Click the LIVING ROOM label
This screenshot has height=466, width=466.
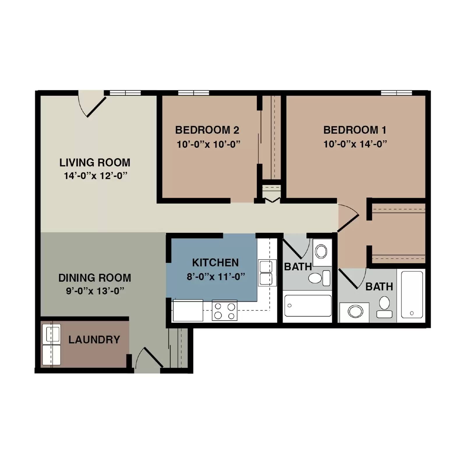(x=95, y=163)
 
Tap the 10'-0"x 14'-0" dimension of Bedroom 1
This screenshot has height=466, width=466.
(x=355, y=144)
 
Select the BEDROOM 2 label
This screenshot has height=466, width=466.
(x=207, y=130)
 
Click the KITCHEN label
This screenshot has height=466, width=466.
(x=215, y=262)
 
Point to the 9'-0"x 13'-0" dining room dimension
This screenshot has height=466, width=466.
(x=95, y=291)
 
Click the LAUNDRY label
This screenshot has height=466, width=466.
(x=94, y=340)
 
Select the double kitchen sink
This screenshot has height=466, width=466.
(x=266, y=273)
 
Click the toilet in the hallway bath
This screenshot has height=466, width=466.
(x=319, y=278)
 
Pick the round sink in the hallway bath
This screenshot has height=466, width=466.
(x=321, y=251)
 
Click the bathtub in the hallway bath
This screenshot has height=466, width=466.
(x=308, y=306)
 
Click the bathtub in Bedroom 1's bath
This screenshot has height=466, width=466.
(x=412, y=294)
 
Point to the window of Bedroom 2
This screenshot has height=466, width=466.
(x=193, y=93)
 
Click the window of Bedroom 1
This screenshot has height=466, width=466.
(x=396, y=93)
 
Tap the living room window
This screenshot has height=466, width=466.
(x=125, y=93)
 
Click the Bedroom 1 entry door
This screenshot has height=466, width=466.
(x=348, y=223)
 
